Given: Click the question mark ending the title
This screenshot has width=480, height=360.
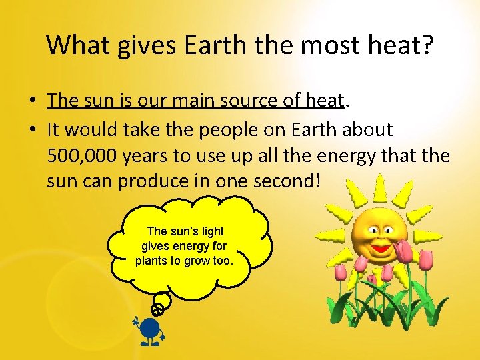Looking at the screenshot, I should point(427,45).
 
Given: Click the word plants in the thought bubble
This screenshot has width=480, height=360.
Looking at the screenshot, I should point(153,261).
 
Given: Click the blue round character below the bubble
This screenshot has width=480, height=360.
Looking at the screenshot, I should point(151,329).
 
